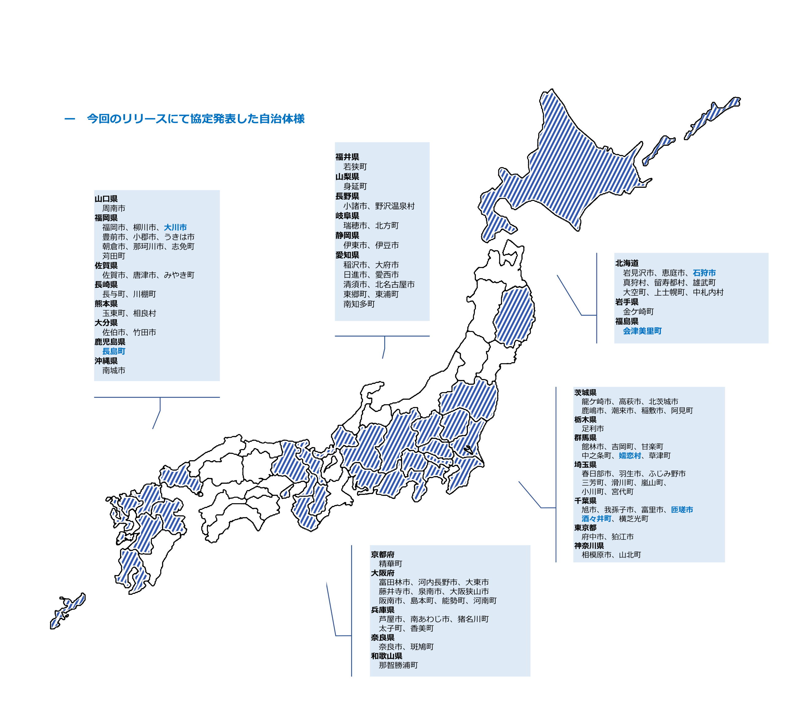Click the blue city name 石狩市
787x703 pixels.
point(704,273)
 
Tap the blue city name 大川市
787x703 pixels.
point(175,227)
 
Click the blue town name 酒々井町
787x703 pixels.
point(596,519)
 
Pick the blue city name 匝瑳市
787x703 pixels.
point(682,510)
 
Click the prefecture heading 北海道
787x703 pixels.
point(627,263)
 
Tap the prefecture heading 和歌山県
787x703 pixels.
point(386,656)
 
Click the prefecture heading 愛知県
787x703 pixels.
point(347,255)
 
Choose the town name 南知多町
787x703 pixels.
point(359,304)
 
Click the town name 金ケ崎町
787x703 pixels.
point(638,312)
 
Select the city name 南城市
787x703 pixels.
point(113,370)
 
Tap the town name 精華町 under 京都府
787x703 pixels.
point(390,564)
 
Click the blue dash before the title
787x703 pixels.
point(69,119)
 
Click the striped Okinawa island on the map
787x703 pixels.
point(68,610)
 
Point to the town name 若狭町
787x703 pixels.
point(355,167)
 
